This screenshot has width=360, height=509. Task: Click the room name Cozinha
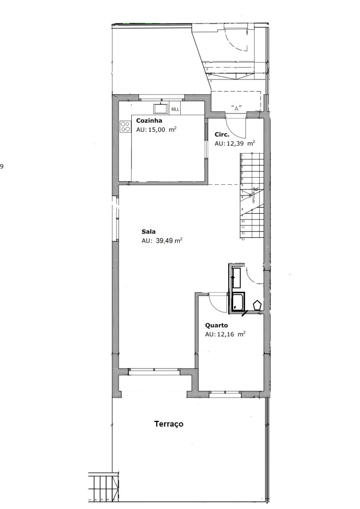(149, 121)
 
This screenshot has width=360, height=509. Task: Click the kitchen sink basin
(161, 108)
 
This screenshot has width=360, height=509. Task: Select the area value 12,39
(236, 144)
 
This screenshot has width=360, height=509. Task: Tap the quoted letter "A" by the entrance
(236, 108)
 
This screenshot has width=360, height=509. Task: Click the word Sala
(148, 232)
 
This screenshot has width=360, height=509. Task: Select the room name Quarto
(216, 325)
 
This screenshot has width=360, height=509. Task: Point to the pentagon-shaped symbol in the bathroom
(257, 305)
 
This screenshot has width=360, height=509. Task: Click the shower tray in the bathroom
(238, 302)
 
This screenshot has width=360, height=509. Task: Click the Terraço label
(169, 423)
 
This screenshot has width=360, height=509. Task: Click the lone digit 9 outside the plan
(2, 166)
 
